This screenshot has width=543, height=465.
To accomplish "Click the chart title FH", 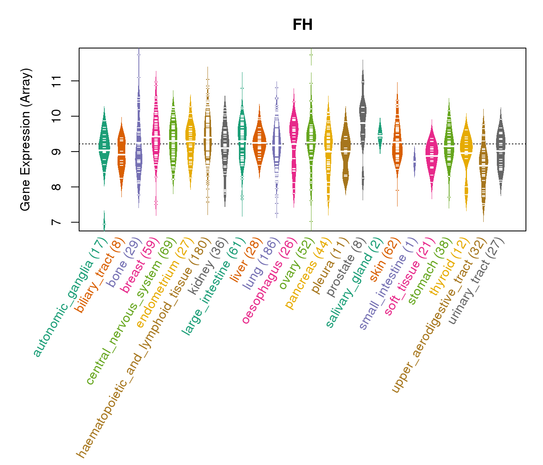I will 302,25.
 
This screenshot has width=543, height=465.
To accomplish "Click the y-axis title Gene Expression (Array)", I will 26,139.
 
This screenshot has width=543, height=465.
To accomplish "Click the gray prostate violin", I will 363,116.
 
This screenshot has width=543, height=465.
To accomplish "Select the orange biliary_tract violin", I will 121,155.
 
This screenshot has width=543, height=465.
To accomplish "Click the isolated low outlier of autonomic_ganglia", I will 104,223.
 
